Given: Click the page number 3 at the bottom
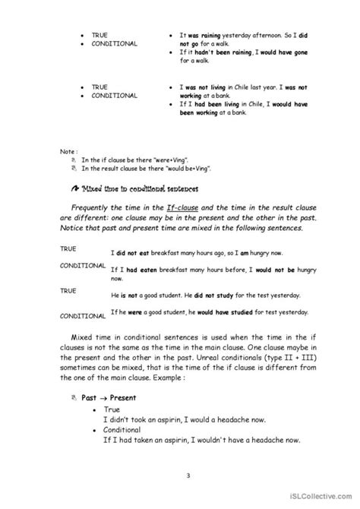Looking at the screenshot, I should [180, 476].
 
